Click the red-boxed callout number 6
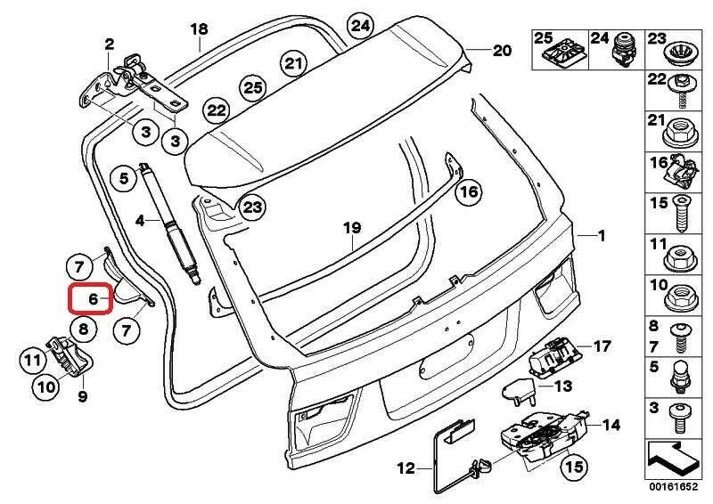(x=91, y=297)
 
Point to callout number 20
(x=502, y=51)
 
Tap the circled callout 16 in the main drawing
(x=468, y=191)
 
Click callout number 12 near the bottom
(x=406, y=466)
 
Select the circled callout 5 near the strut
(x=125, y=179)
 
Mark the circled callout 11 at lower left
(x=33, y=361)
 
